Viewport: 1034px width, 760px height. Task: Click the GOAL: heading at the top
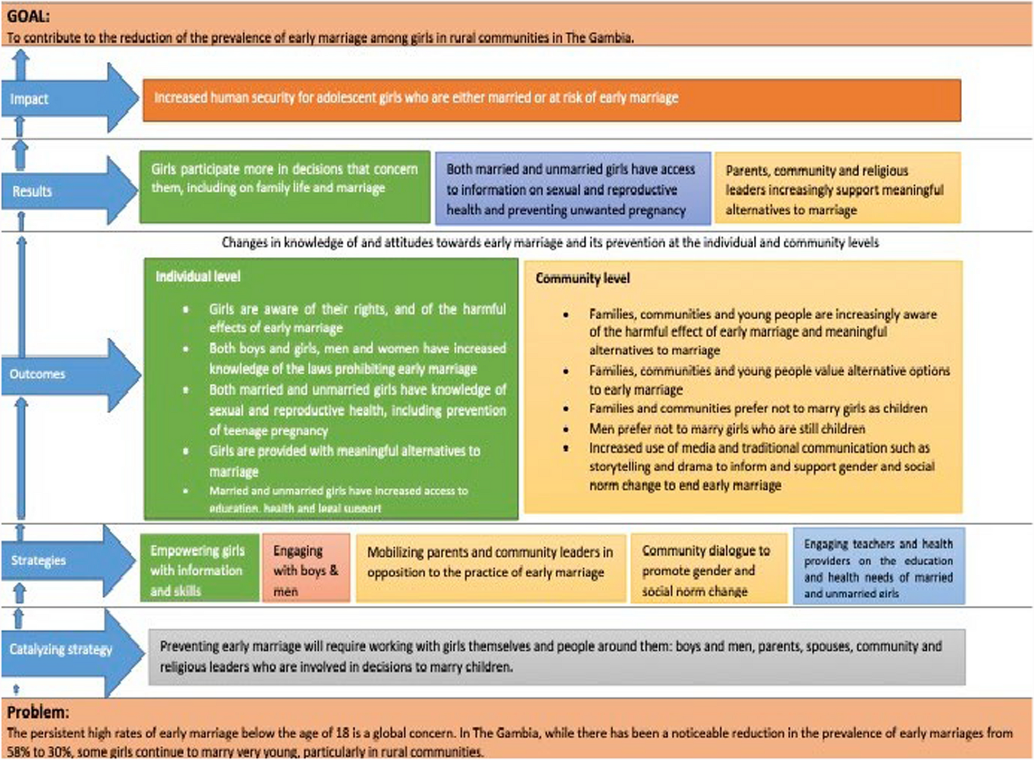[x=28, y=16]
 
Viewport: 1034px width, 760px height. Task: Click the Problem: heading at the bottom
[x=38, y=712]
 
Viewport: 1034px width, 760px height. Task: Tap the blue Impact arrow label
[x=29, y=99]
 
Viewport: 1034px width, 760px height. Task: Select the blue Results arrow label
[x=32, y=191]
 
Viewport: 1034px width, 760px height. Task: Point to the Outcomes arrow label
[x=37, y=374]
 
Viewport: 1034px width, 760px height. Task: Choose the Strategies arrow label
[x=38, y=560]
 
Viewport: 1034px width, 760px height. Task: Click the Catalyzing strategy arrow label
[x=61, y=649]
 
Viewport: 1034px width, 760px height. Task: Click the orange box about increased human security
[x=552, y=100]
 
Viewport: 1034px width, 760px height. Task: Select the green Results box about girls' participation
[x=284, y=187]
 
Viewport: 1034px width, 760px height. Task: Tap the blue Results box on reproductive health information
[x=573, y=188]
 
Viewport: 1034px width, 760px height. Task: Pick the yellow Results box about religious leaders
[x=837, y=188]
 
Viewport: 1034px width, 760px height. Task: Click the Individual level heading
[x=198, y=277]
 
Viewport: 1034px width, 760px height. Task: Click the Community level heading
[x=583, y=278]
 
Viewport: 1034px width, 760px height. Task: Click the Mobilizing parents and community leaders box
[x=490, y=568]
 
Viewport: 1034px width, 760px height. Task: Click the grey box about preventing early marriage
[x=557, y=657]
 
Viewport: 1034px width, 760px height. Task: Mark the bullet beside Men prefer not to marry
[x=566, y=429]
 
